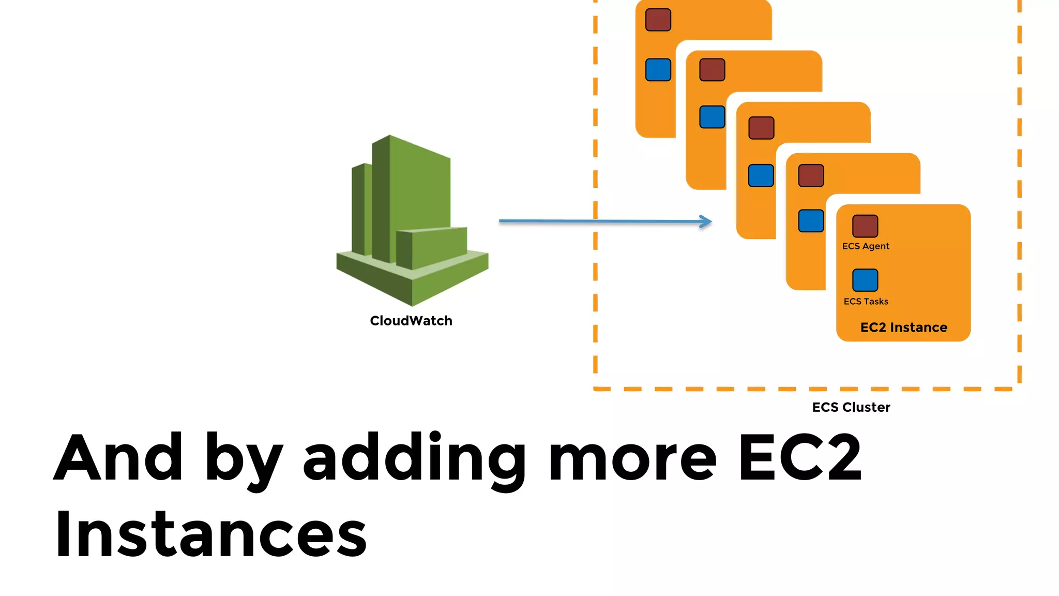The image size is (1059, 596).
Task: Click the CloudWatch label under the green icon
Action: (411, 321)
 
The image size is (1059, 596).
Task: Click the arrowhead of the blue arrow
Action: (706, 221)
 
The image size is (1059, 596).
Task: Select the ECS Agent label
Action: (866, 246)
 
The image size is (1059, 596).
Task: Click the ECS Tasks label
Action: (866, 301)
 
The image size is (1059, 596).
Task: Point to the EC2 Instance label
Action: (903, 327)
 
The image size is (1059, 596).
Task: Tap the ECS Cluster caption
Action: (851, 408)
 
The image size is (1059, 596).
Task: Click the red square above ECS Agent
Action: (865, 226)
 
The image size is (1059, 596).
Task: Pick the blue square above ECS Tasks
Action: (865, 280)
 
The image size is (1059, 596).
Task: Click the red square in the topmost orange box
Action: (658, 20)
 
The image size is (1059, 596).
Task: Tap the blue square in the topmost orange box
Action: (658, 70)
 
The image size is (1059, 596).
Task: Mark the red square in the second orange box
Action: (712, 70)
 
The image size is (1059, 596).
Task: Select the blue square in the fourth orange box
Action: (811, 221)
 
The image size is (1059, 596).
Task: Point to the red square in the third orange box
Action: (761, 128)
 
